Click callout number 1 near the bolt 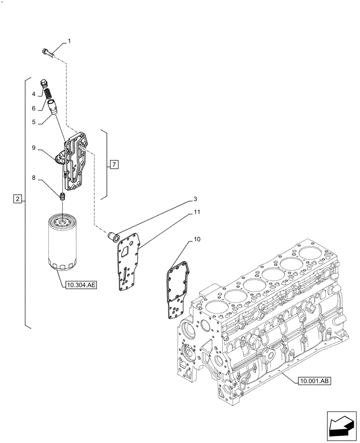(x=69, y=41)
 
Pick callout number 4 (x=34, y=94)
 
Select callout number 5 (x=34, y=120)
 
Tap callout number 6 (x=34, y=108)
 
